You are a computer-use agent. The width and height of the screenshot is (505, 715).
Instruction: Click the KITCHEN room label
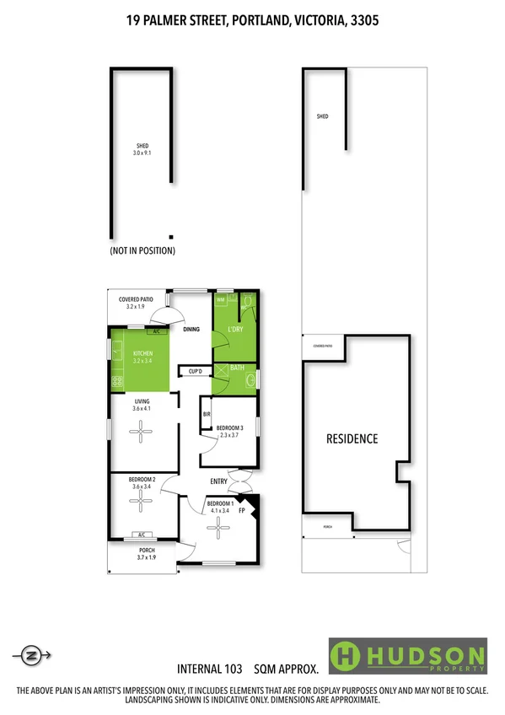coord(141,352)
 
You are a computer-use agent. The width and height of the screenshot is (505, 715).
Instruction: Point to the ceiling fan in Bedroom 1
coord(219,529)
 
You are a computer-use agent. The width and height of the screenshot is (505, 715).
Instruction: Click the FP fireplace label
coord(242,511)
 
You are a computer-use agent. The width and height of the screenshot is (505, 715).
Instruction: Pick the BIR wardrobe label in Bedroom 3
coord(207,414)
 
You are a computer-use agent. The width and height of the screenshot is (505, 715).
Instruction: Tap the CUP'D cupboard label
coord(196,371)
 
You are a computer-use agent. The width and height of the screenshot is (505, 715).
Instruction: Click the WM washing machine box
coord(220,299)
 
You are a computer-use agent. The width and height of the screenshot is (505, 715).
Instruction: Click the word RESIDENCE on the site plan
coord(352,439)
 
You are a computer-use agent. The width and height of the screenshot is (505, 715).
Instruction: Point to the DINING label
coord(191,330)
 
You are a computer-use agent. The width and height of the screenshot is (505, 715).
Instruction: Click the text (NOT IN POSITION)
coord(142,251)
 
